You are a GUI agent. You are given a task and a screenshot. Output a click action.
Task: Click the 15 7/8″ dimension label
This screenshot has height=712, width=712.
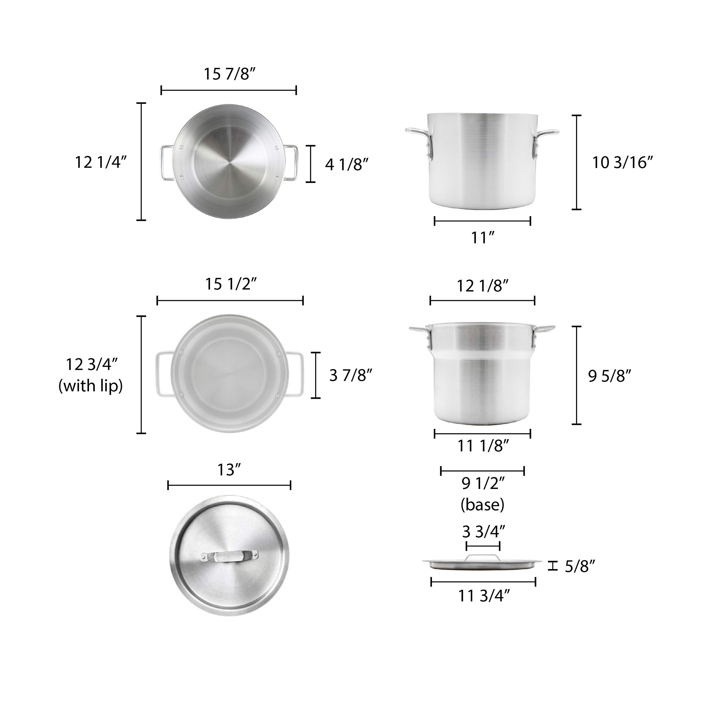click(229, 74)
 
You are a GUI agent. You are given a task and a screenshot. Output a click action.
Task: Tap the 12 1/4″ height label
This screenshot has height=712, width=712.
click(101, 162)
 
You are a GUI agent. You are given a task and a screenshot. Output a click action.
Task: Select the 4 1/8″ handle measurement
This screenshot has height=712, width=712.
click(347, 164)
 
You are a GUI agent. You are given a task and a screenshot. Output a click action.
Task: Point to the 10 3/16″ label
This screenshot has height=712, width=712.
click(622, 162)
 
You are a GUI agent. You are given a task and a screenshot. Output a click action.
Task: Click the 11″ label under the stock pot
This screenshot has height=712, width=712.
click(482, 238)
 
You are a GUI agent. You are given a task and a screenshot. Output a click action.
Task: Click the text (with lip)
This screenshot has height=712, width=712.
click(91, 386)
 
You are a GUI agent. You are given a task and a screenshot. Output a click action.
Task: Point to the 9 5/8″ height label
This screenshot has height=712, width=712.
click(610, 376)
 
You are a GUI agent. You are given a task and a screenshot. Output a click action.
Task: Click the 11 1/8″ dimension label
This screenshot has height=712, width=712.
click(483, 446)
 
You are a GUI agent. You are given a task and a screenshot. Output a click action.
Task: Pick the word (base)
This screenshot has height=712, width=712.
click(482, 505)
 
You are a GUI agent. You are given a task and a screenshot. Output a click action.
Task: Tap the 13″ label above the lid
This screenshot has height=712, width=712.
click(229, 470)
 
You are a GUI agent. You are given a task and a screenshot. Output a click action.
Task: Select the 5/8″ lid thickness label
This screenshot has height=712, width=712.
click(580, 567)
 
